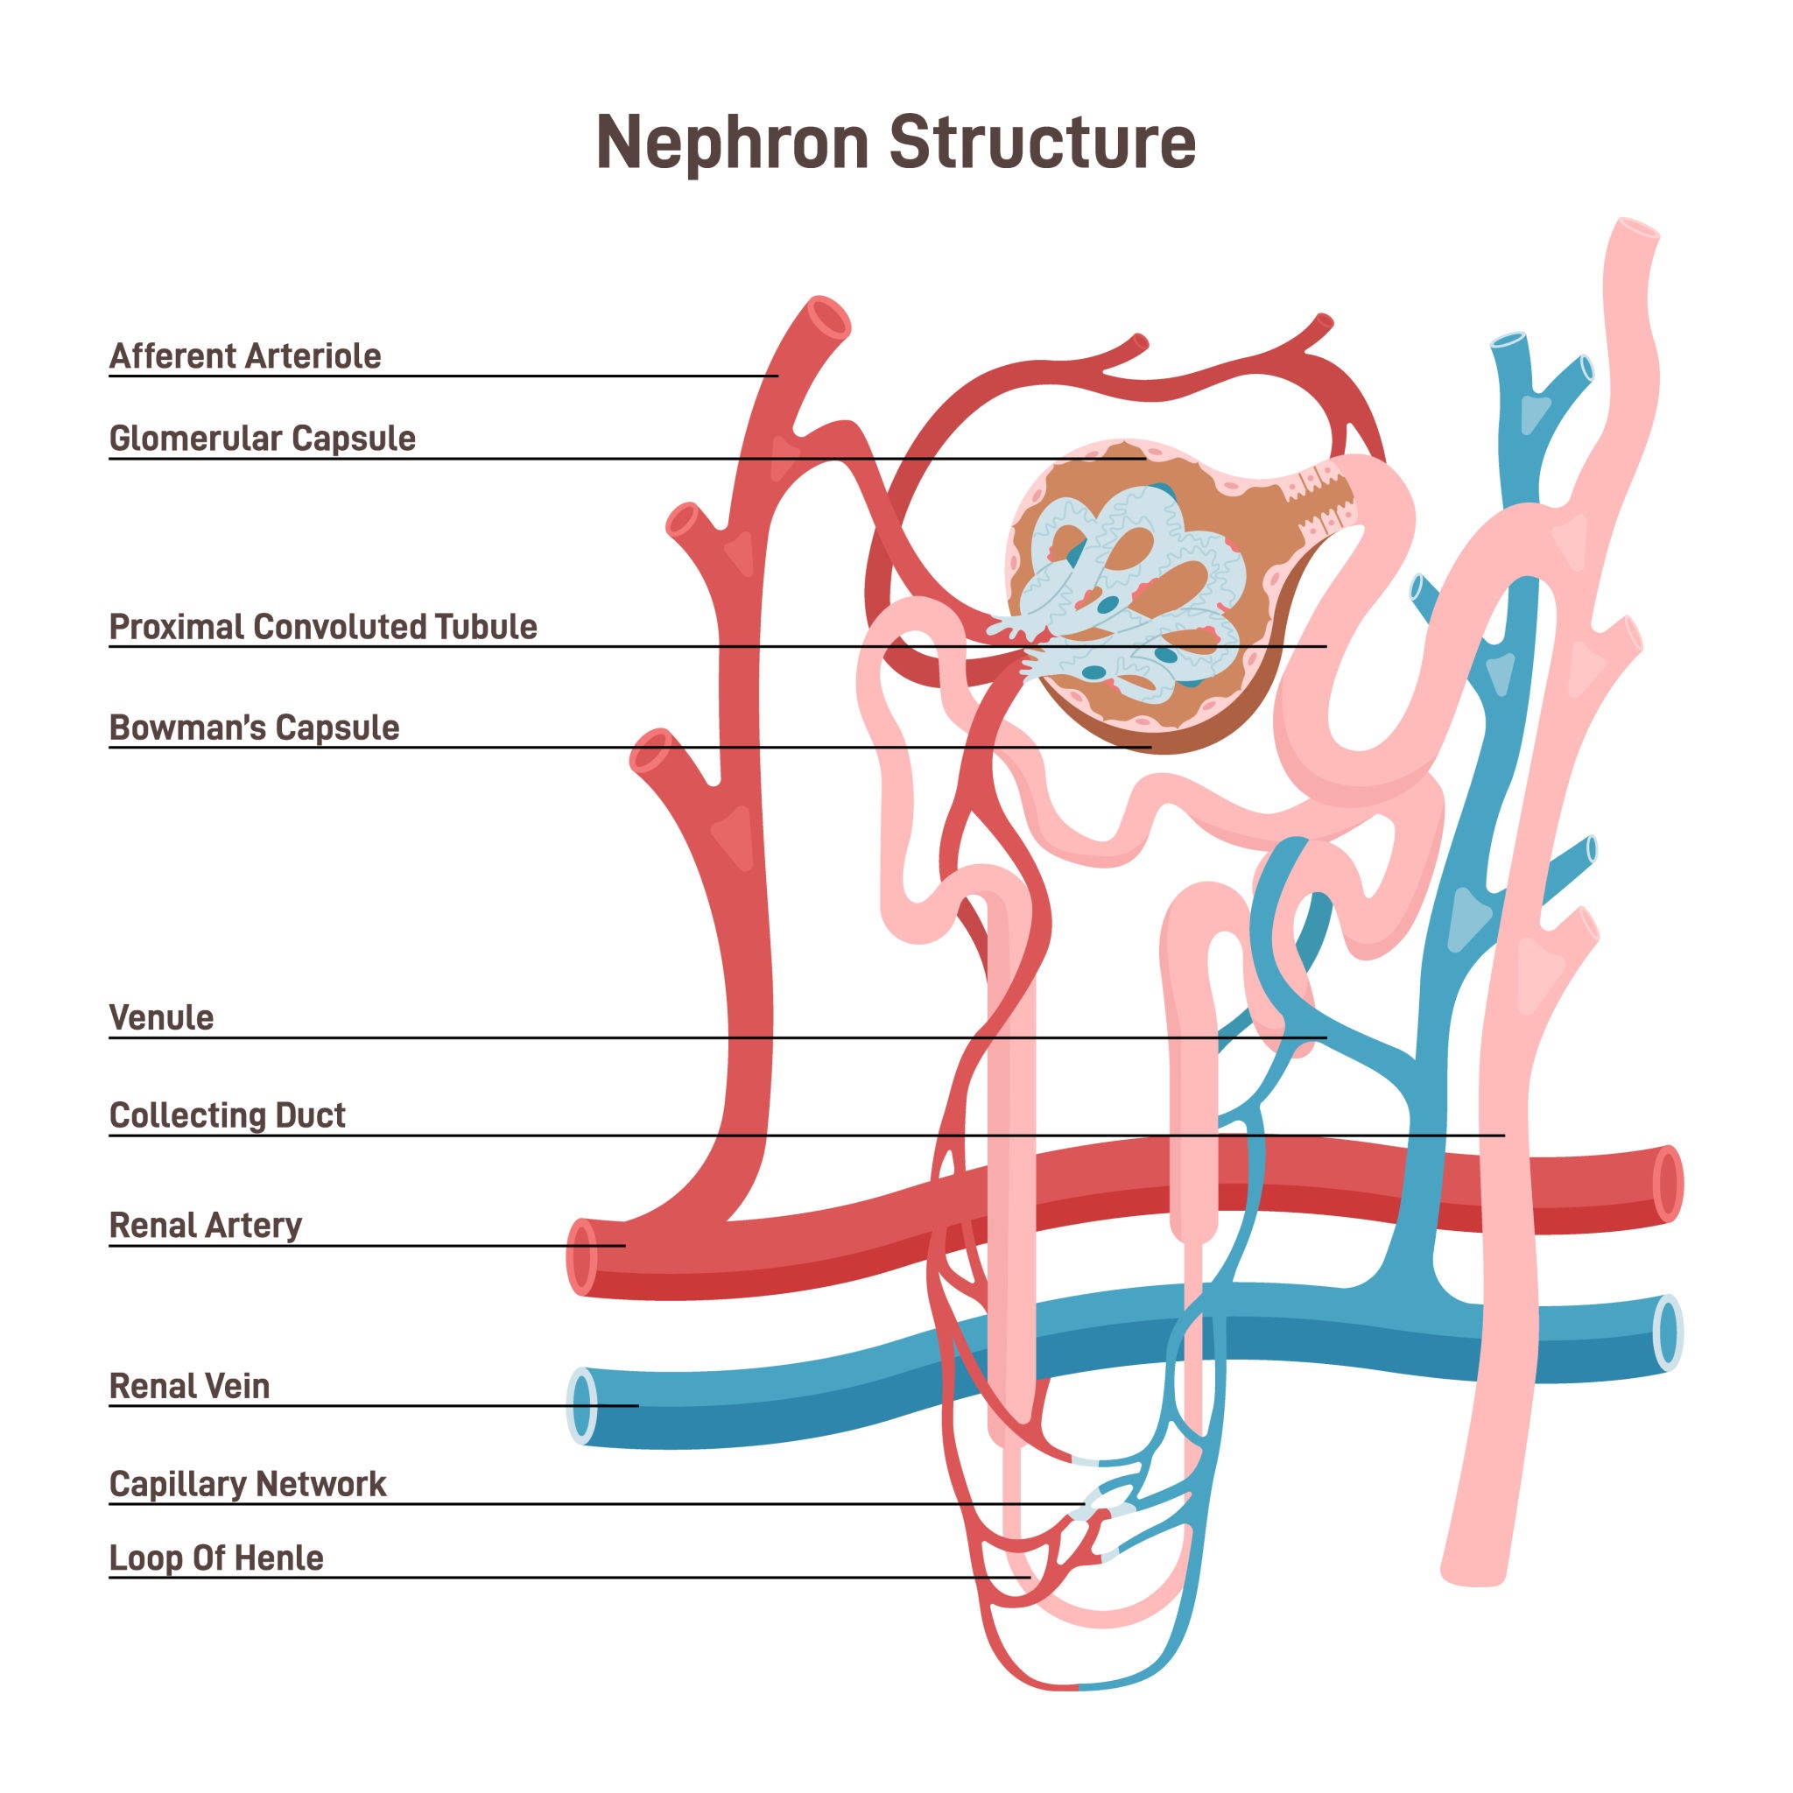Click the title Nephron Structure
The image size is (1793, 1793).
tap(896, 142)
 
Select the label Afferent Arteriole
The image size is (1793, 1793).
tap(245, 356)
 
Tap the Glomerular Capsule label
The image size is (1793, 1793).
tap(263, 438)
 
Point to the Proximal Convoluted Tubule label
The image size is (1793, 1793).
tap(323, 627)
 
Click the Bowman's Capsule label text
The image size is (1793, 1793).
tap(254, 728)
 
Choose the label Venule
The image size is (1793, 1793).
tap(161, 1018)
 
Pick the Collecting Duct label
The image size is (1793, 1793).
tap(228, 1114)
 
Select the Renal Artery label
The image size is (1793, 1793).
tap(205, 1225)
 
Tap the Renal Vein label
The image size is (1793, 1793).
tap(189, 1386)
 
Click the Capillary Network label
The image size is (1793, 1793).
tap(248, 1484)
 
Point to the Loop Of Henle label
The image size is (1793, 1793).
tap(216, 1557)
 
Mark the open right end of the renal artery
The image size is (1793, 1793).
tap(1667, 1185)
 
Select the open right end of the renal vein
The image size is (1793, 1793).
tap(1668, 1332)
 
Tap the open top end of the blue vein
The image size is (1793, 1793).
tap(1509, 341)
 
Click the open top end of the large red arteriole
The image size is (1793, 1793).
tap(826, 320)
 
